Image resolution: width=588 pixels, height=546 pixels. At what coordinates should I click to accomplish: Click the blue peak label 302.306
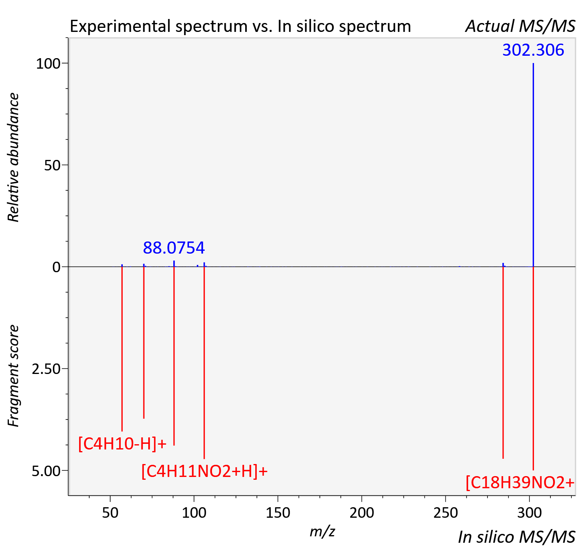point(533,50)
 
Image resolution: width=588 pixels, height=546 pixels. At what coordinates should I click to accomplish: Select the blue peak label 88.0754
point(174,248)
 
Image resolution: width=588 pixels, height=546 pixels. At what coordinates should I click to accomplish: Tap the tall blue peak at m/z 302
point(533,165)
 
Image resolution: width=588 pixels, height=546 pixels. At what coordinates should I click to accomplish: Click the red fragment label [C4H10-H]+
point(122,444)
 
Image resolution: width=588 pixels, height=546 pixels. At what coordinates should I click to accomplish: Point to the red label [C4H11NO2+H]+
point(205,471)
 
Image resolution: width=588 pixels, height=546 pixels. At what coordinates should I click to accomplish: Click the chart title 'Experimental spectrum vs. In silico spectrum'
point(240,26)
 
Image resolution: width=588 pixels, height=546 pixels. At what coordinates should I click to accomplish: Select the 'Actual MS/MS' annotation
point(520,26)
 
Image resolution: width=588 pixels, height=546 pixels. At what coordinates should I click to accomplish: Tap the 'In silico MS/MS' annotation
point(517,537)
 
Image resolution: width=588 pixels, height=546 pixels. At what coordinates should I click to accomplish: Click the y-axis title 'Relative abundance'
point(13,157)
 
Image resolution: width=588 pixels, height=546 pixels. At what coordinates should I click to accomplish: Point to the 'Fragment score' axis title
point(13,376)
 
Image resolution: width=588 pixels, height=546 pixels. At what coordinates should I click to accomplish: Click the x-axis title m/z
point(322,531)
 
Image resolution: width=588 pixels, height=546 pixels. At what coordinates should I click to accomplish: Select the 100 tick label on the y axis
point(48,64)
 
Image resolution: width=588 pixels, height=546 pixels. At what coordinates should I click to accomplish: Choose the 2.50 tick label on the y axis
point(46,369)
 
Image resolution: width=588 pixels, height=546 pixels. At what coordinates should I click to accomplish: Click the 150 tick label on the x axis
point(278,513)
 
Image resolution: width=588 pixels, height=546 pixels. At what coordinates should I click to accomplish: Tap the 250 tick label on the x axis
point(445,513)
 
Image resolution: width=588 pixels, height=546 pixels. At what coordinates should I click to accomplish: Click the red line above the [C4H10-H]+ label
point(122,349)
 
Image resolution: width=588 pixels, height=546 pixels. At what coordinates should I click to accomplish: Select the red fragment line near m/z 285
point(503,363)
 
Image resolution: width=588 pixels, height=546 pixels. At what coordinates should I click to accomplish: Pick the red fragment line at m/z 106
point(204,363)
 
